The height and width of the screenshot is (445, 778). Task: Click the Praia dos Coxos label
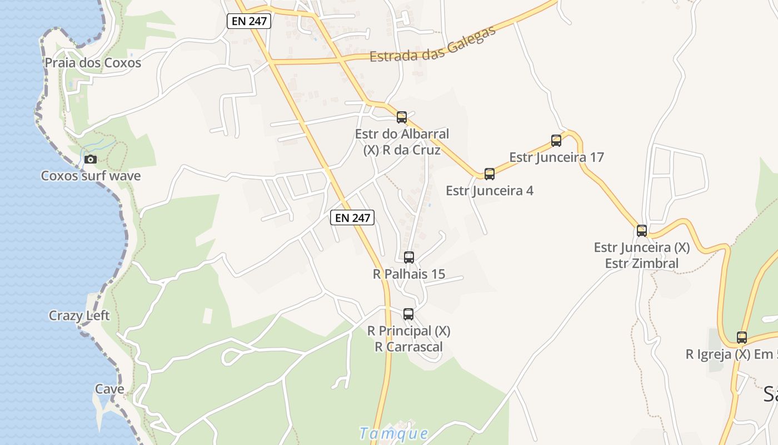93,63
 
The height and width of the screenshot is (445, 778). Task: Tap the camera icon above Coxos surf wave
90,160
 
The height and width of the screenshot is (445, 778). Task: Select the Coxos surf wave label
91,176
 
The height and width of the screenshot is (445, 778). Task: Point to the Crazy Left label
79,316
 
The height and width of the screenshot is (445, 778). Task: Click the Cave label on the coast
109,389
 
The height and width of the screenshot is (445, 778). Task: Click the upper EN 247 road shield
249,22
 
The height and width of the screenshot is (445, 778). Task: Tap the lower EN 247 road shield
352,217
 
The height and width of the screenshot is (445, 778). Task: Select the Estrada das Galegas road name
433,45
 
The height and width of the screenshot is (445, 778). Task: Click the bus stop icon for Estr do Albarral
402,117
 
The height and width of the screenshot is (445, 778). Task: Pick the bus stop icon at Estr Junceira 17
556,141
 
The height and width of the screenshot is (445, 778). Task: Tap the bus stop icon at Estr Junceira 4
490,174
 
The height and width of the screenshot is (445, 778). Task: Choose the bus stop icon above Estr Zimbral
642,231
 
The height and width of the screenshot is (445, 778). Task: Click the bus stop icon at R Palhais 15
409,258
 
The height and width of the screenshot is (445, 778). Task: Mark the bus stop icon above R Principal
408,314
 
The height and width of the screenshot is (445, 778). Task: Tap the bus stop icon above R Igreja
742,338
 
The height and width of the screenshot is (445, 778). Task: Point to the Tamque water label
394,433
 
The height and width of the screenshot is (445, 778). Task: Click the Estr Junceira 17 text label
556,157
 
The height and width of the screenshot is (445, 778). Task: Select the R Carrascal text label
408,347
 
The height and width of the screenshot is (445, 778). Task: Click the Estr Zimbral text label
642,264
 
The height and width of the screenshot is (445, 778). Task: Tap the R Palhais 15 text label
409,274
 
